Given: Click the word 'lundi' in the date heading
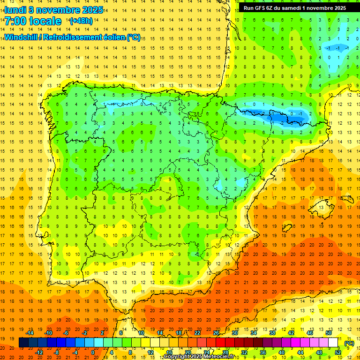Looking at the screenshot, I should point(15,9).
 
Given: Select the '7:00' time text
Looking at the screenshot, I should point(15,21).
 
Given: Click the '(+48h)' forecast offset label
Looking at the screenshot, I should point(81,21).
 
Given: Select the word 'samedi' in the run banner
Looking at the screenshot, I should point(293,8).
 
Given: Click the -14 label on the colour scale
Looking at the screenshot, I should point(30,333).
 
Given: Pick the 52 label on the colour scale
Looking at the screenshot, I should point(338,352).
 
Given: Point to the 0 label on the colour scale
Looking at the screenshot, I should point(93,352).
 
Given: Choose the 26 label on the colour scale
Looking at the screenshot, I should point(216,333).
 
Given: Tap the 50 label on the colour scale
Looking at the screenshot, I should point(329,333).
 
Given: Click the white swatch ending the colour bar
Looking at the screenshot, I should point(333,343).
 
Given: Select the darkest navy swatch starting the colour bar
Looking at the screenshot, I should point(23,343).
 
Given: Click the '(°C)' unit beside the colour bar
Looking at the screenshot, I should point(349,343).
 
